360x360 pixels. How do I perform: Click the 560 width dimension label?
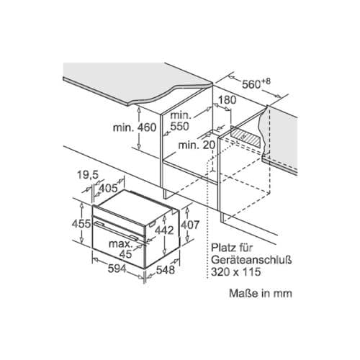pyautogui.click(x=251, y=84)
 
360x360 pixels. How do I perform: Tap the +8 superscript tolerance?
pyautogui.click(x=266, y=81)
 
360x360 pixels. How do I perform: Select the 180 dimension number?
pyautogui.click(x=227, y=100)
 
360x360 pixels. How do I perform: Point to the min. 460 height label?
pyautogui.click(x=135, y=127)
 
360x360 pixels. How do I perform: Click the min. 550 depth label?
pyautogui.click(x=180, y=121)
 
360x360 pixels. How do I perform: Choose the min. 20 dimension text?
pyautogui.click(x=197, y=145)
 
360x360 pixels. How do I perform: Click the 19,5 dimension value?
pyautogui.click(x=88, y=175)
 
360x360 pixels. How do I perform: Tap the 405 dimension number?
pyautogui.click(x=108, y=188)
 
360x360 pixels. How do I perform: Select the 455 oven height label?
pyautogui.click(x=81, y=224)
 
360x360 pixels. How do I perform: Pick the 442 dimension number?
pyautogui.click(x=164, y=230)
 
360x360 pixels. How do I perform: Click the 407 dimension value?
pyautogui.click(x=190, y=225)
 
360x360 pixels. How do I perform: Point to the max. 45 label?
pyautogui.click(x=121, y=249)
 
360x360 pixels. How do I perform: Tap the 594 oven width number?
pyautogui.click(x=117, y=269)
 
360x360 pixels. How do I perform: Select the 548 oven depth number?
pyautogui.click(x=166, y=270)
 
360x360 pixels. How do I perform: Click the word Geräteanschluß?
pyautogui.click(x=251, y=260)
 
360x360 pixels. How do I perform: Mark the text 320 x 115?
pyautogui.click(x=235, y=272)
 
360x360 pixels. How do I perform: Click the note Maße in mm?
pyautogui.click(x=261, y=293)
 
